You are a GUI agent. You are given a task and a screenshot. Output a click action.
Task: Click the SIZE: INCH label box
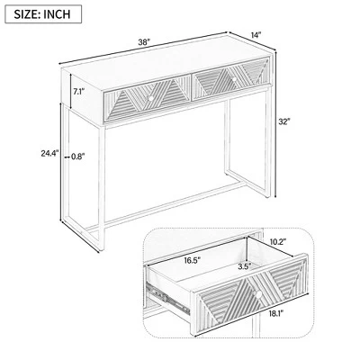click(43, 14)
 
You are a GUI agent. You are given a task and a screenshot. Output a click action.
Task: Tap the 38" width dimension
click(144, 42)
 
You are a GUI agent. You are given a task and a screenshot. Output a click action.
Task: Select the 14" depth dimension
click(256, 35)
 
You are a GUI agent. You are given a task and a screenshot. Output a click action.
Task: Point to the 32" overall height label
click(283, 121)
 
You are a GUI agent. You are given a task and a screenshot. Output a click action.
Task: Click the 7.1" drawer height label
click(79, 91)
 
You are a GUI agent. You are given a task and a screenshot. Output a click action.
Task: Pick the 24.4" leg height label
click(49, 154)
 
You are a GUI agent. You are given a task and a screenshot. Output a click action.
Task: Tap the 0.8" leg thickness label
click(78, 156)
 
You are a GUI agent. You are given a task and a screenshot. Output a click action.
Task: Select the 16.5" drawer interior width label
click(193, 260)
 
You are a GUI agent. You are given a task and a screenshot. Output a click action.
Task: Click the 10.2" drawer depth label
click(278, 241)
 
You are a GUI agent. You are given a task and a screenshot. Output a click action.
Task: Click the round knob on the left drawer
click(150, 98)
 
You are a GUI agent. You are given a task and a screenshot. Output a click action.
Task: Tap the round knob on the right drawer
click(234, 79)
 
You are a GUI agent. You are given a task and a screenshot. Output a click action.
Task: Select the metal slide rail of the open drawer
click(168, 298)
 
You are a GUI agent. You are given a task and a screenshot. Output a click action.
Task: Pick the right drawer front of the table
click(229, 78)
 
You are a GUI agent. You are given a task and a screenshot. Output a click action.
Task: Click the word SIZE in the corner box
click(25, 14)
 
